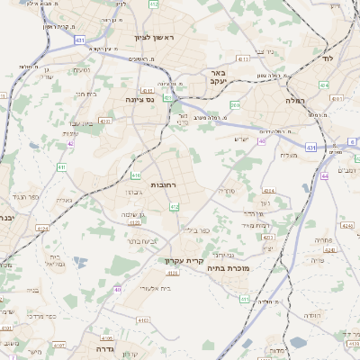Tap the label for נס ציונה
pyautogui.click(x=139, y=99)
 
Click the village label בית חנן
pyautogui.click(x=85, y=94)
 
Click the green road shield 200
pyautogui.click(x=235, y=105)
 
